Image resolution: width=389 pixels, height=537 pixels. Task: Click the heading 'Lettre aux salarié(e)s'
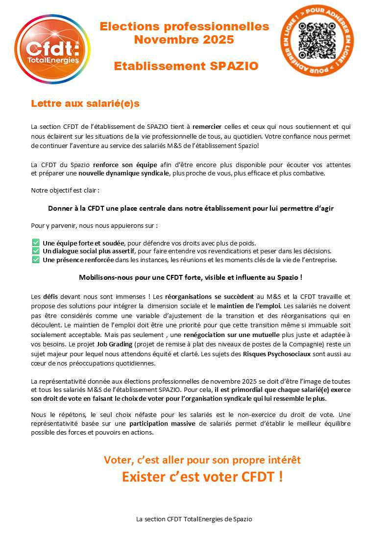click(85, 103)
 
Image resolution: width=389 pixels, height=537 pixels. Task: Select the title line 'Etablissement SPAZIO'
click(186, 66)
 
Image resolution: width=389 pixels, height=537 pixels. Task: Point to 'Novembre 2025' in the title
click(184, 40)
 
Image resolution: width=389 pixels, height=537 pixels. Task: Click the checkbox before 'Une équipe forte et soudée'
click(36, 243)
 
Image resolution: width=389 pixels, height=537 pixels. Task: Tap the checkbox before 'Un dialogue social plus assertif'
click(36, 251)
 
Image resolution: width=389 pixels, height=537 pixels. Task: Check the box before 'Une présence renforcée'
click(36, 260)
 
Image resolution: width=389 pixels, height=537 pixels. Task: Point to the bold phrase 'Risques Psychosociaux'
click(277, 354)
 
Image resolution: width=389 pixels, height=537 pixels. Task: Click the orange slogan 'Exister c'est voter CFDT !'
click(202, 476)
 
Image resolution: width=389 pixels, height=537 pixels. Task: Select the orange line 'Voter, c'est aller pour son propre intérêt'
click(202, 460)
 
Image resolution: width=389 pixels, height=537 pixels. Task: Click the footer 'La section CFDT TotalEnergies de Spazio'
click(194, 519)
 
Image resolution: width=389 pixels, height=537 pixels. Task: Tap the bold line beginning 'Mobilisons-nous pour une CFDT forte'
click(191, 277)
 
